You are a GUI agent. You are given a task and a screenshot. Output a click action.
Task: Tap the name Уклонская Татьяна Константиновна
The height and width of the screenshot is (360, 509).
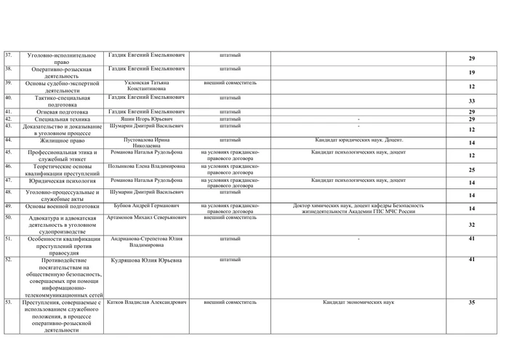146,85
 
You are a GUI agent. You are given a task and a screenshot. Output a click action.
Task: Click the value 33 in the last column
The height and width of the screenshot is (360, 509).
471,101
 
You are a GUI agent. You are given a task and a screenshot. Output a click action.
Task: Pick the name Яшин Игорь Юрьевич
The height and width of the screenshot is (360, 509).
146,119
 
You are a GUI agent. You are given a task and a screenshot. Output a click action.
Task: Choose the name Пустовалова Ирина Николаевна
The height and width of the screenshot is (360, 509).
146,142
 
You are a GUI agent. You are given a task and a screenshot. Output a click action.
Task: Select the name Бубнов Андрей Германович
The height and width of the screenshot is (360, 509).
146,206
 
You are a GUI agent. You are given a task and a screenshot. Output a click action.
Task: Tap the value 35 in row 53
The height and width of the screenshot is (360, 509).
471,302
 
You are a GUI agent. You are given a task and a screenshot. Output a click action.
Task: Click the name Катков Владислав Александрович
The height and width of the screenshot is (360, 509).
146,301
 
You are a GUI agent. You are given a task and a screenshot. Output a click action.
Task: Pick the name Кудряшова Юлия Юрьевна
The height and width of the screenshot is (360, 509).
146,260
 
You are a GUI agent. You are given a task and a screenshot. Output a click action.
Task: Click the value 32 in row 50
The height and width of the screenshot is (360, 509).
471,225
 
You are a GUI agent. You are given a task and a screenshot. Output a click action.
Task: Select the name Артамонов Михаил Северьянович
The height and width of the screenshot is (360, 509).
146,217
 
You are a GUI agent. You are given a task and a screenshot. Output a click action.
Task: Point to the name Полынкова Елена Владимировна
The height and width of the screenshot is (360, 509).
146,167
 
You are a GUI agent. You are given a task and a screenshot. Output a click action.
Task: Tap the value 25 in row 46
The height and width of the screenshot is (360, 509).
471,169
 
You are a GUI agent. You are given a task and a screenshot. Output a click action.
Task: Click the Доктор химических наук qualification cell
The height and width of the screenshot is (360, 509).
358,209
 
